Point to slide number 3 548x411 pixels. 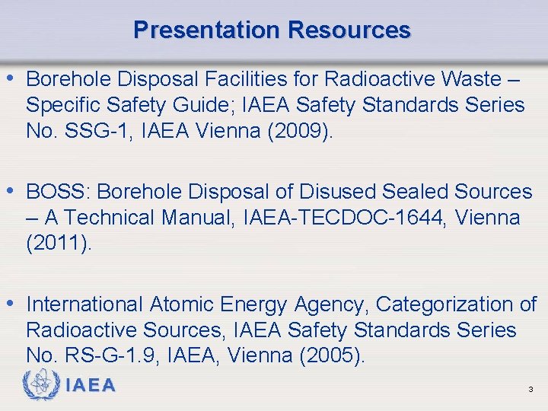pyautogui.click(x=530, y=390)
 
